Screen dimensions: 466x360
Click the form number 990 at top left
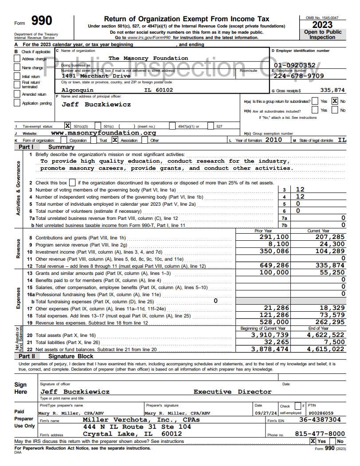pyautogui.click(x=42, y=21)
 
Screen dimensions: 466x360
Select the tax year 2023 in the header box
pyautogui.click(x=322, y=25)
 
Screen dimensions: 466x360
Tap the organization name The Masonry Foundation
pyautogui.click(x=148, y=58)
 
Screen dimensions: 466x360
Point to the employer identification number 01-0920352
pyautogui.click(x=295, y=66)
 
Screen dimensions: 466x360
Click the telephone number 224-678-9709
pyautogui.click(x=300, y=75)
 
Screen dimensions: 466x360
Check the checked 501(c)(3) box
pyautogui.click(x=68, y=125)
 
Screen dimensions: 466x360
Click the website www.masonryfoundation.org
pyautogui.click(x=104, y=133)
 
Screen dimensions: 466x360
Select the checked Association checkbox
pyautogui.click(x=115, y=140)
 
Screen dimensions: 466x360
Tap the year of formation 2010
pyautogui.click(x=274, y=140)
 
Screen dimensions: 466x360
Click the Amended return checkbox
pyautogui.click(x=18, y=94)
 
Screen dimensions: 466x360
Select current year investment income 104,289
pyautogui.click(x=329, y=251)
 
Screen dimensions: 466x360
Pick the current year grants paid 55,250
pyautogui.click(x=332, y=272)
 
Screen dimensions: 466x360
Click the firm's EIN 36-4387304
pyautogui.click(x=320, y=419)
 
